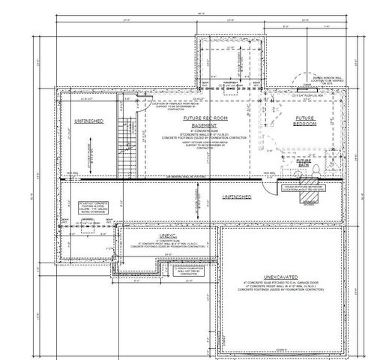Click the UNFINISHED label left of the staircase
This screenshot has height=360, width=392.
(x=88, y=120)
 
